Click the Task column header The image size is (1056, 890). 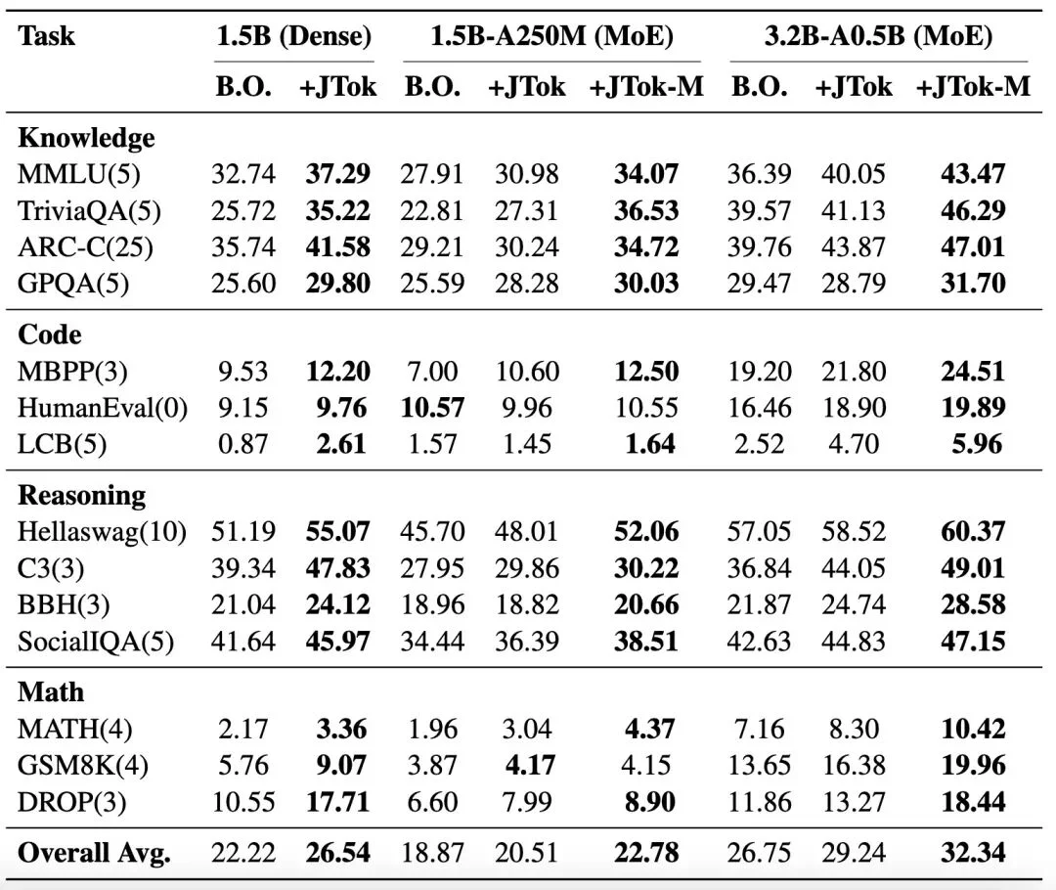[x=47, y=38]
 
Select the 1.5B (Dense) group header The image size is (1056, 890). [x=293, y=38]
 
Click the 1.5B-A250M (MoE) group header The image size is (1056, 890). [x=552, y=38]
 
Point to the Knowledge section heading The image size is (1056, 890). [x=86, y=138]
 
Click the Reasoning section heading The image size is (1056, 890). [x=81, y=495]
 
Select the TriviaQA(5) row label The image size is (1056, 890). [x=89, y=210]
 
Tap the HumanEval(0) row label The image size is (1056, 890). [x=103, y=408]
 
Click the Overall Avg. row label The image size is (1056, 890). [x=94, y=852]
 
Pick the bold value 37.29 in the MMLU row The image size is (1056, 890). [x=337, y=174]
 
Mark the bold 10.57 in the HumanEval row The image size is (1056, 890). [x=432, y=408]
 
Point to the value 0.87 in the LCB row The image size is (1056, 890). [x=242, y=444]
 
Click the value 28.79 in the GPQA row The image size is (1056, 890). [x=853, y=283]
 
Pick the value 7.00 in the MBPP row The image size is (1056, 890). [x=432, y=372]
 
